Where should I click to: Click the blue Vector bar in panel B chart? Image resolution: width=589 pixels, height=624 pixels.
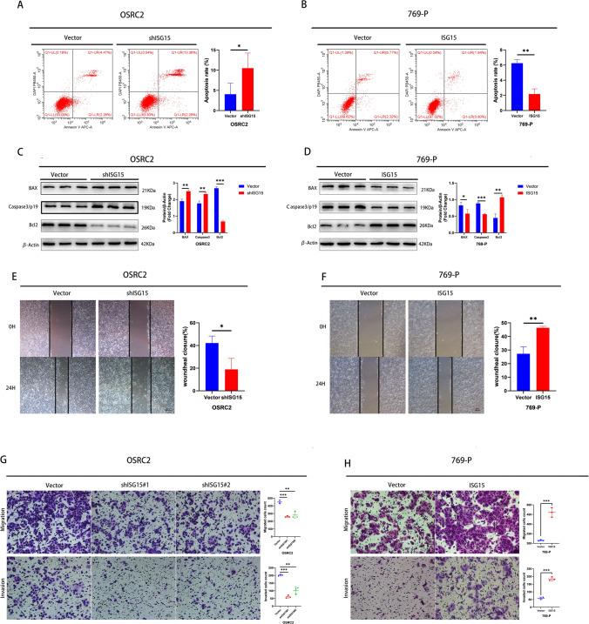[517, 90]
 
